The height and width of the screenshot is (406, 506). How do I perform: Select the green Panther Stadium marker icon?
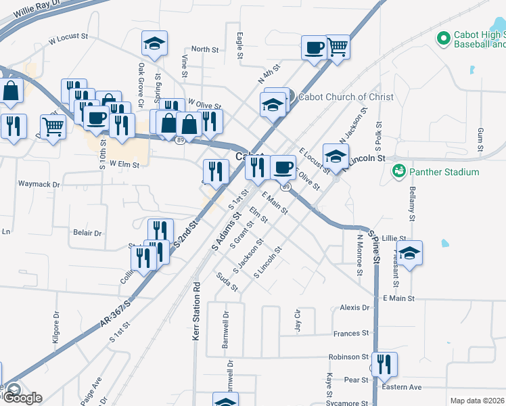click(x=398, y=169)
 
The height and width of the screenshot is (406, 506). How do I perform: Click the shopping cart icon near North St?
click(x=337, y=47)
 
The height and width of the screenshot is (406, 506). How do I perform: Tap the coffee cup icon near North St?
click(x=313, y=48)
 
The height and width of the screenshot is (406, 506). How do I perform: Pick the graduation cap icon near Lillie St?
click(x=409, y=254)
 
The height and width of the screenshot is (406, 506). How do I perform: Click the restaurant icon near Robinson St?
click(x=384, y=365)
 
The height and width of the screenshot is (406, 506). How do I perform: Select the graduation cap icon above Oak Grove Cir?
click(x=154, y=45)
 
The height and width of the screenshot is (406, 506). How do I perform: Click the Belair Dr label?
click(x=87, y=233)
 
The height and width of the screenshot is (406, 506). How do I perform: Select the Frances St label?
click(x=351, y=334)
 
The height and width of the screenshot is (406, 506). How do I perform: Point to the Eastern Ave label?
click(x=402, y=387)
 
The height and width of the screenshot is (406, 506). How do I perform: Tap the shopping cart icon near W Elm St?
click(x=53, y=126)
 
